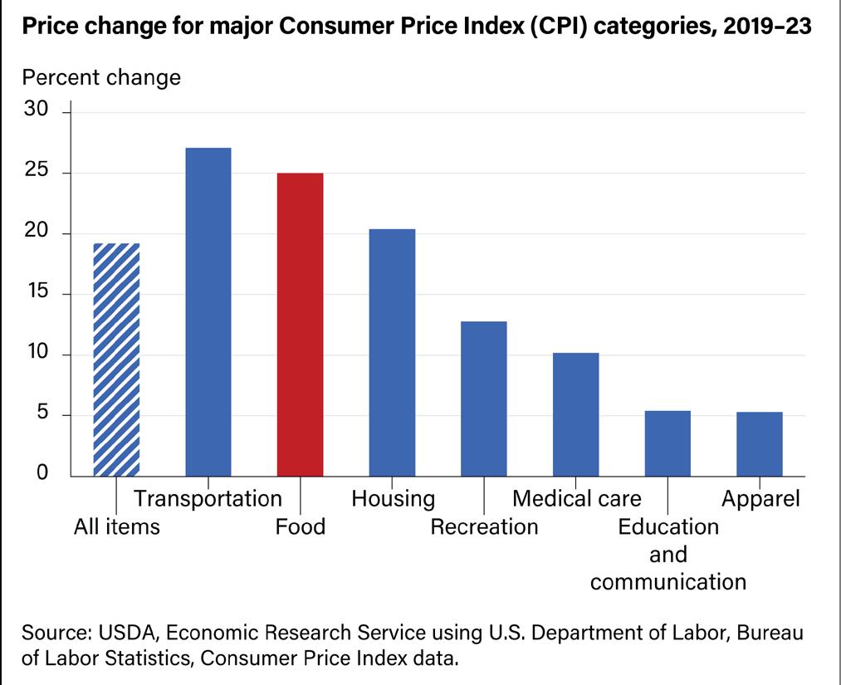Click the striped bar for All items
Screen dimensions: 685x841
116,360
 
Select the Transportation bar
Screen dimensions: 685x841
208,312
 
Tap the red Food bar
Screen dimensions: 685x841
300,325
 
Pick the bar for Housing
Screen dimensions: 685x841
392,352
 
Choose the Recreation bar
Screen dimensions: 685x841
484,399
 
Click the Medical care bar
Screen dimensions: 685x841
576,414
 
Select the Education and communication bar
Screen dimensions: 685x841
667,443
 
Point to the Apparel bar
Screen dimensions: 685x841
760,444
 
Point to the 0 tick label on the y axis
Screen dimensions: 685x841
44,476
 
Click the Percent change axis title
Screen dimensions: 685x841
101,78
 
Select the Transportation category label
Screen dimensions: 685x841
208,499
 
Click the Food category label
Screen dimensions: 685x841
300,527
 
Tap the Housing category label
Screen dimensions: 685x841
393,499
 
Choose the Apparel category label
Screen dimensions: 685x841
760,499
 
